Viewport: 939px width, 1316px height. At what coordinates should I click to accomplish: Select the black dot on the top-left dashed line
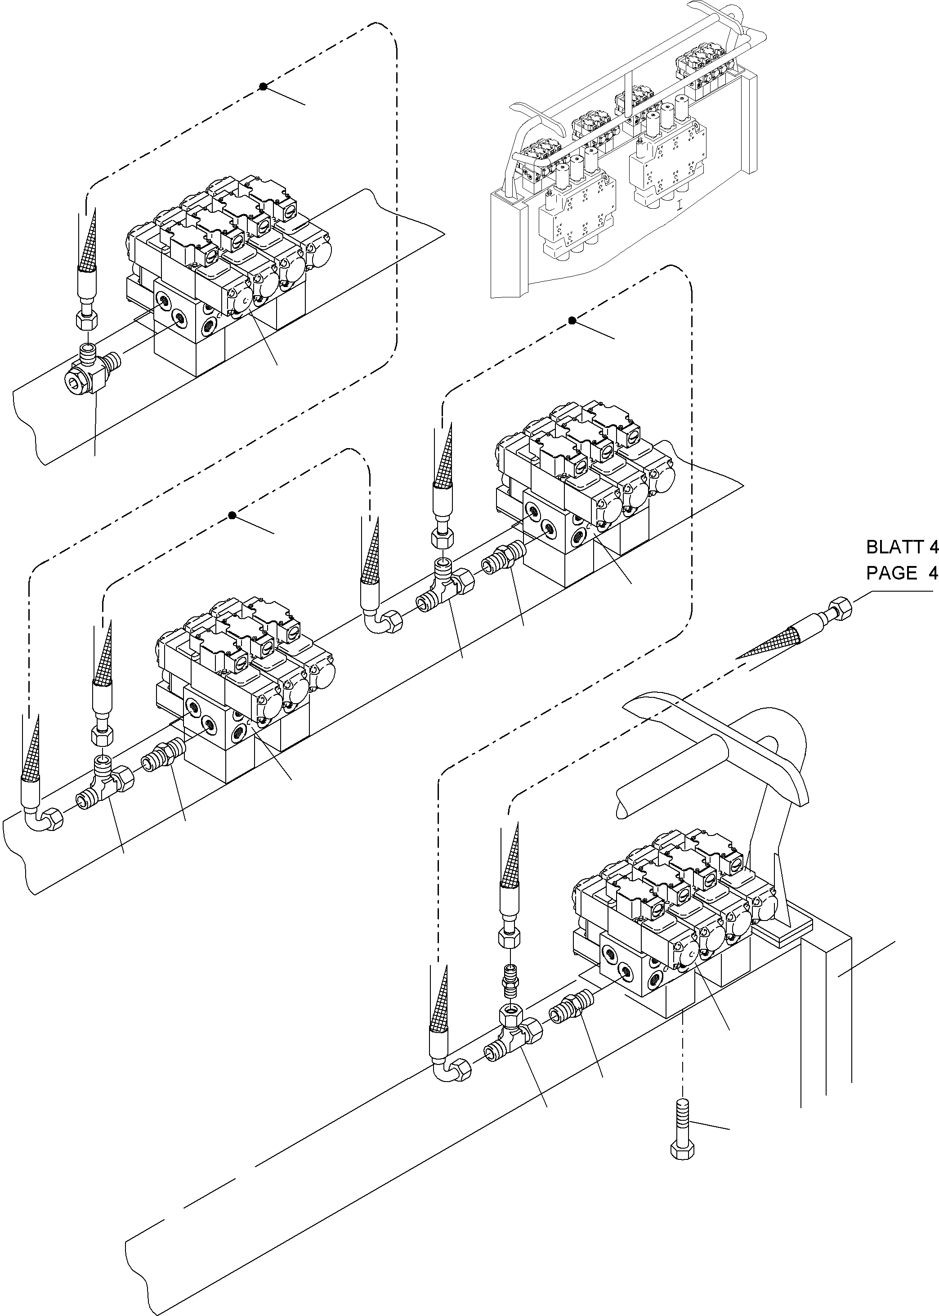coord(263,87)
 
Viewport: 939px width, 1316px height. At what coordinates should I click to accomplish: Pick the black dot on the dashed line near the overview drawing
coord(572,320)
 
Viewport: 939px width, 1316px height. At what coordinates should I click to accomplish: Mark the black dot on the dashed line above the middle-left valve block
coord(233,516)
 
